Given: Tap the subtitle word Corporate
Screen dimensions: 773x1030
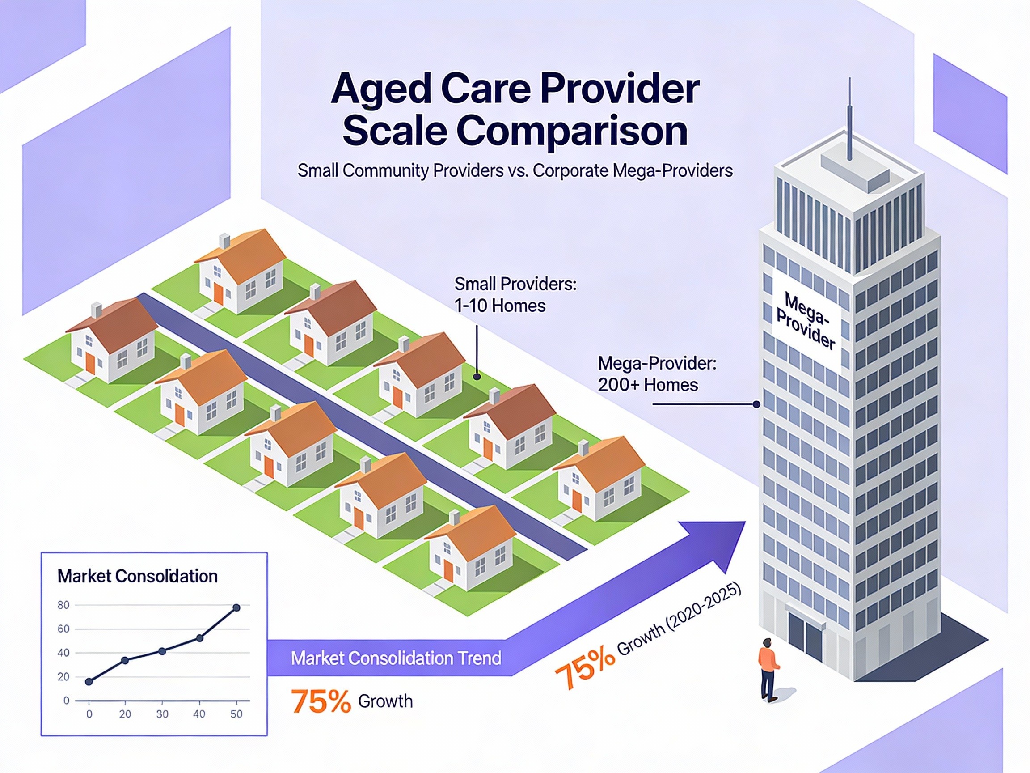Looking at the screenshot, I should coord(570,170).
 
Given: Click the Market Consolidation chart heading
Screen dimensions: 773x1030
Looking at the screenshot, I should coord(137,576).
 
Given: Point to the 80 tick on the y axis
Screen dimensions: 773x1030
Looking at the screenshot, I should coord(63,605).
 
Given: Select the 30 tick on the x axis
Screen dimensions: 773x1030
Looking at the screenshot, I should coord(162,714).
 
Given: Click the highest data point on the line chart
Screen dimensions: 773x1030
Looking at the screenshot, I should coord(236,607).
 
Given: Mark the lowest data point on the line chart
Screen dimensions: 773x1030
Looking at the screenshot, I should coord(89,682).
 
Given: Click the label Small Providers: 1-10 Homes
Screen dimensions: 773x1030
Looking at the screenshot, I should coord(515,294).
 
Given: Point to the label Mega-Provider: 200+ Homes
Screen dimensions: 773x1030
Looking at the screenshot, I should coord(657,374).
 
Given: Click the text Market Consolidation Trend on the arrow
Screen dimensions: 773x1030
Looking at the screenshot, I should coord(396,658).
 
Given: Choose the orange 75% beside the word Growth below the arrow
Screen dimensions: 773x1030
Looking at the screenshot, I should coord(321,701).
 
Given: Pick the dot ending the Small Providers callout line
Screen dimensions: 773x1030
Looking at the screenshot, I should coord(477,377).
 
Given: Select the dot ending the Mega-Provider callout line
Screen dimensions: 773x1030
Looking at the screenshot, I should coord(757,404).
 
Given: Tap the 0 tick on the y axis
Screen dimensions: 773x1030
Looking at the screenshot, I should coord(66,701).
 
